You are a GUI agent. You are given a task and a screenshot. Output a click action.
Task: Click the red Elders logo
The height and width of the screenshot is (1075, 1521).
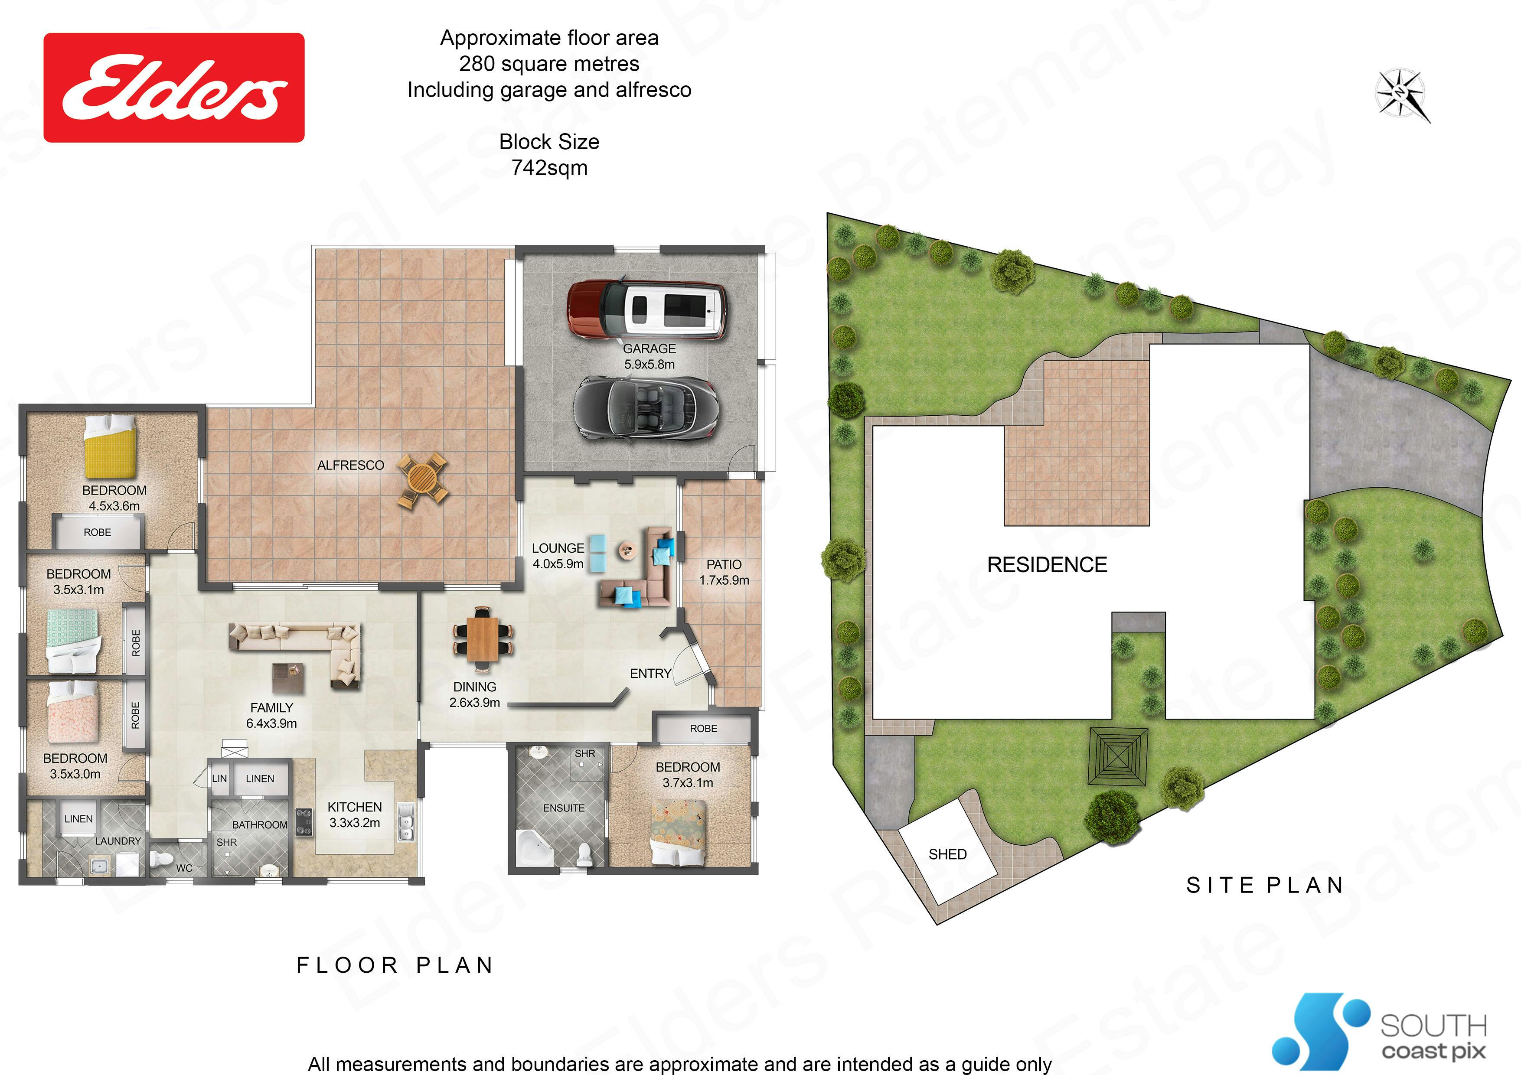[173, 88]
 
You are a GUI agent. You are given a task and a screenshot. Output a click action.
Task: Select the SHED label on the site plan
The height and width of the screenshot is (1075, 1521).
[947, 854]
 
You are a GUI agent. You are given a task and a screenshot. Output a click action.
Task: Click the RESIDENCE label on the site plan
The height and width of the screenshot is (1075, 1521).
[1047, 564]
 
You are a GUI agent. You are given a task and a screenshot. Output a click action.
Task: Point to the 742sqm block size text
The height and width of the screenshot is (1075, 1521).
[549, 168]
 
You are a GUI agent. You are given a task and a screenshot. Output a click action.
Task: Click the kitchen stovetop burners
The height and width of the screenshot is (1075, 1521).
[304, 822]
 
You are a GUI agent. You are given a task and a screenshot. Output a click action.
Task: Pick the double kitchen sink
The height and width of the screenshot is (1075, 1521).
[405, 821]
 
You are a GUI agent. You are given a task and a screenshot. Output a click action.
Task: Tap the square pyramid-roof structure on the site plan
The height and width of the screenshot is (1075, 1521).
[1118, 756]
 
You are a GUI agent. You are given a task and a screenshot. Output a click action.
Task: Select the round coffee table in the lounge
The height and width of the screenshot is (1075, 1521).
[626, 550]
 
